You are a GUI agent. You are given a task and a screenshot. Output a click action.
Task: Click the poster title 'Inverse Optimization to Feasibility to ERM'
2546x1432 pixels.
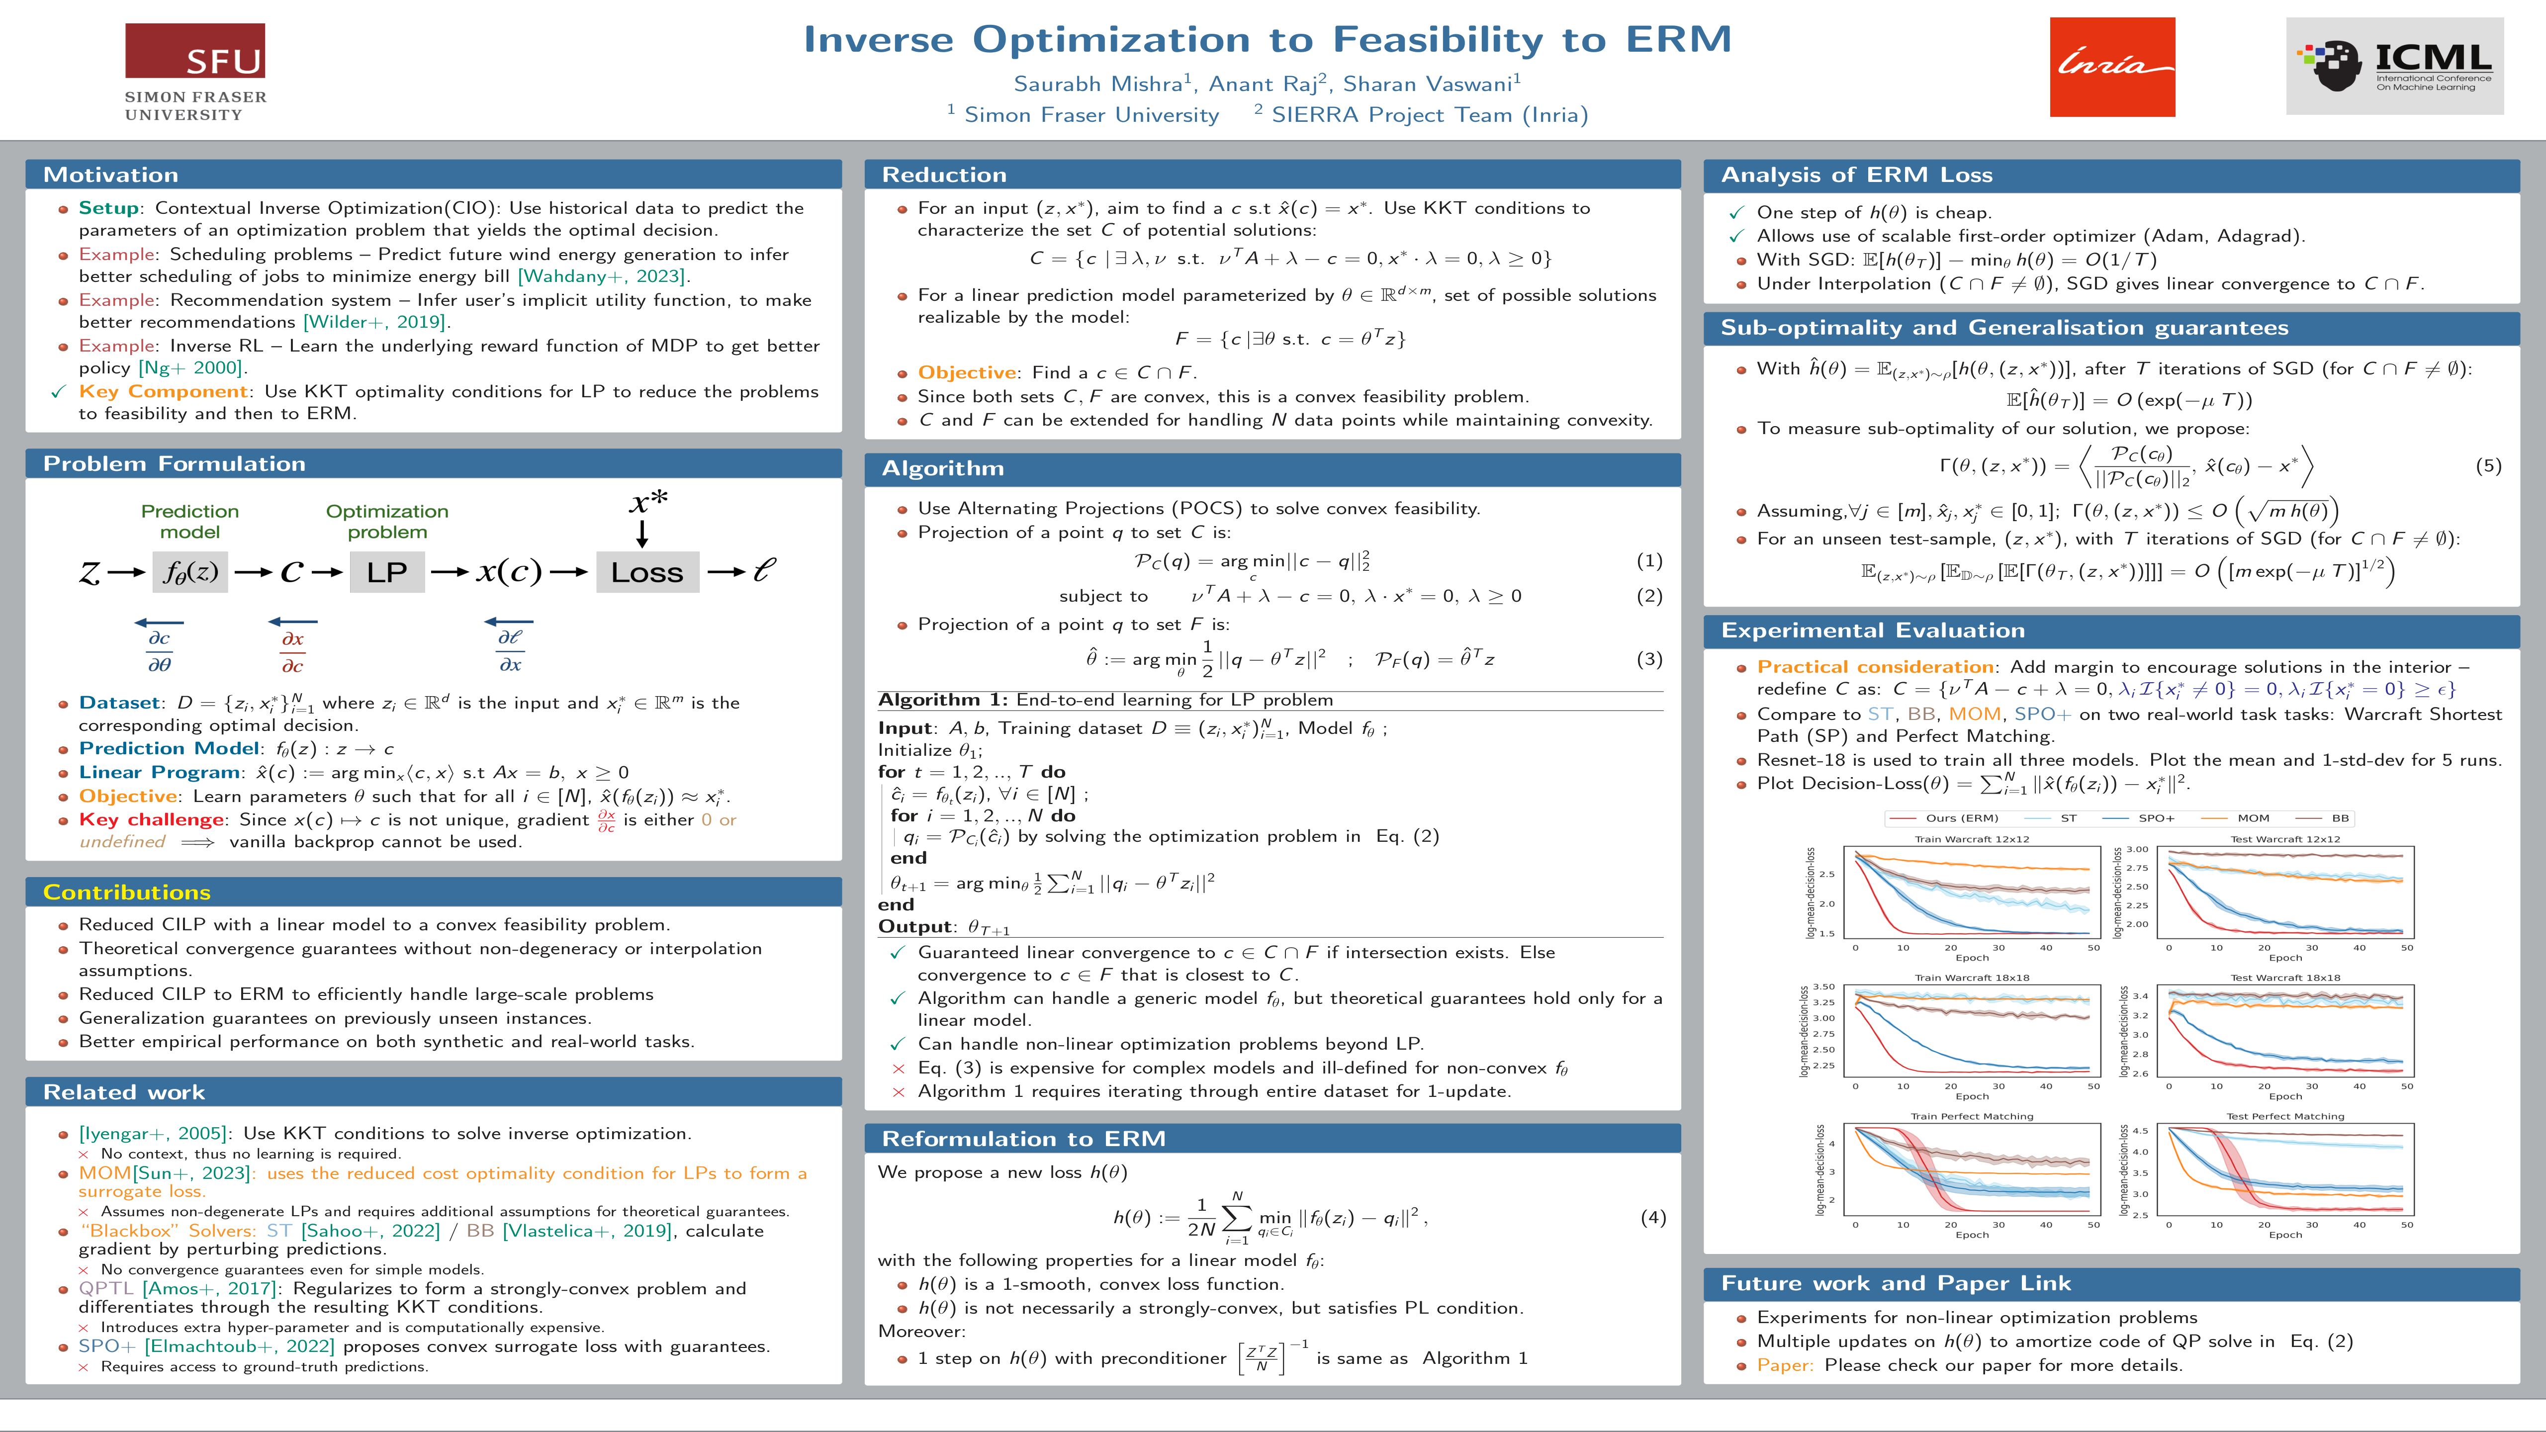tap(1267, 40)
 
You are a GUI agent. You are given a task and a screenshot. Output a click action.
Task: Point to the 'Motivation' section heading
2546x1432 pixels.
tap(111, 175)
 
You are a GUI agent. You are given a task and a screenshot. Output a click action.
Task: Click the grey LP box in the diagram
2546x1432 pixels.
tap(386, 572)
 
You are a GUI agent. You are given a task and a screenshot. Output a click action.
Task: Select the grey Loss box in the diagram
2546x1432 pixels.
tap(647, 572)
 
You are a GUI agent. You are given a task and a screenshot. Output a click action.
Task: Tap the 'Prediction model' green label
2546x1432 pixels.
tap(190, 521)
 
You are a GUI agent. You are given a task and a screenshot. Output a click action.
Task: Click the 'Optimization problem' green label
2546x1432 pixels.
tap(387, 521)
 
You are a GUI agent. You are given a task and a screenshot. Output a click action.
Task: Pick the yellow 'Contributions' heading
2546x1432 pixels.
tap(126, 893)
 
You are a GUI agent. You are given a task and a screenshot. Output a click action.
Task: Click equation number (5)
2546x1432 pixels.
tap(2488, 465)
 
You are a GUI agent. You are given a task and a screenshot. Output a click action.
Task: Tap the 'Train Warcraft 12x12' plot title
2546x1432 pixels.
tap(1972, 839)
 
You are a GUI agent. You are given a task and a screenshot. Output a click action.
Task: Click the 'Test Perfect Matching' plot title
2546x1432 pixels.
tap(2285, 1116)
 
